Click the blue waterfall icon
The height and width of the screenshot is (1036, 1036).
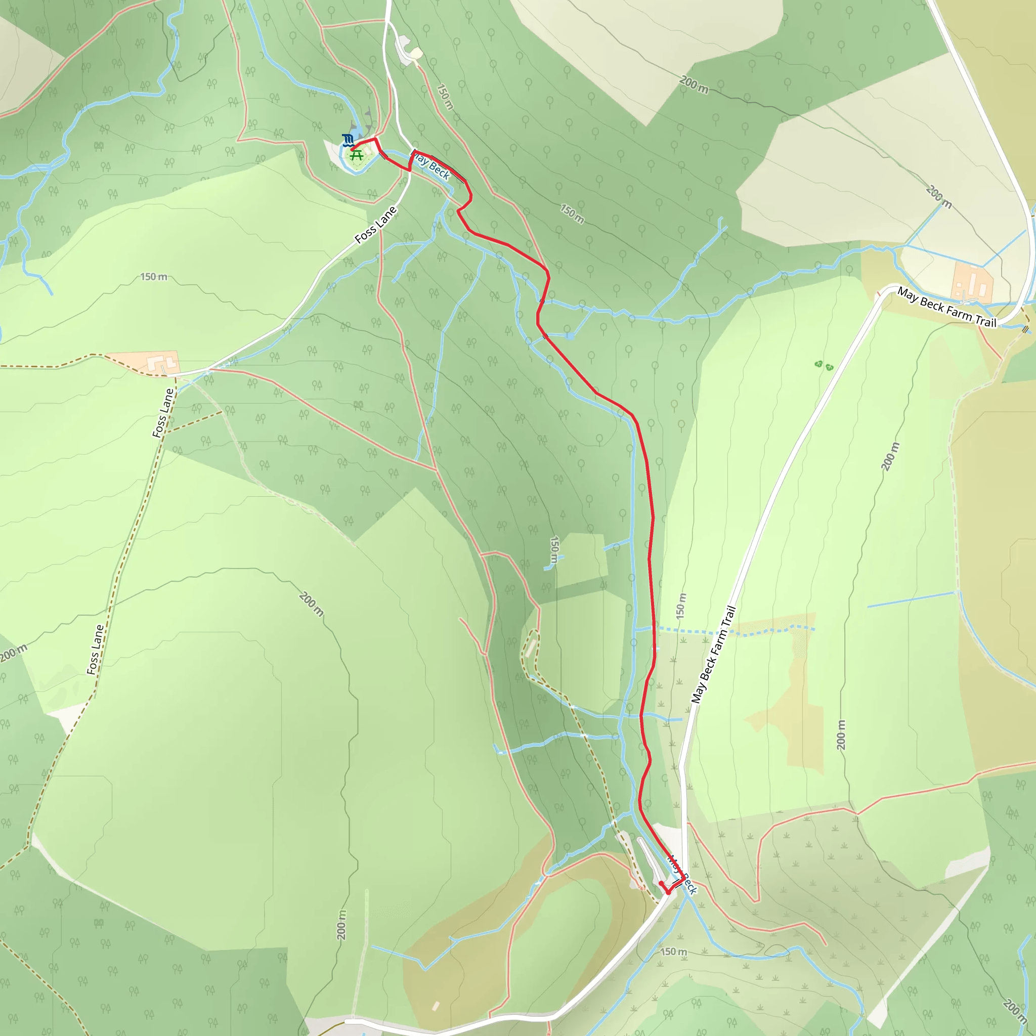(348, 141)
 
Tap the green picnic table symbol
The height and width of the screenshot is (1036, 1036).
(357, 155)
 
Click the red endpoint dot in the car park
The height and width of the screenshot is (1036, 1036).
(661, 883)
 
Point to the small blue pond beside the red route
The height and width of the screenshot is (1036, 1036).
(570, 336)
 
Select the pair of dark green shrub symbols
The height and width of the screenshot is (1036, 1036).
(824, 366)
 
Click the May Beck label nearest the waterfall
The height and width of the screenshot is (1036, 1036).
(431, 166)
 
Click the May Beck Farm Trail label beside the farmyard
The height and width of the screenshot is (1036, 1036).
(946, 307)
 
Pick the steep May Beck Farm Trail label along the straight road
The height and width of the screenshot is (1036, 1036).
(713, 654)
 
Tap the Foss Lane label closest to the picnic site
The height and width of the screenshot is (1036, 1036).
(376, 224)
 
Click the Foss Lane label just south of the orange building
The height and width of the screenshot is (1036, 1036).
(163, 413)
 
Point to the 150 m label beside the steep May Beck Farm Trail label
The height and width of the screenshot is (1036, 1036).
(680, 606)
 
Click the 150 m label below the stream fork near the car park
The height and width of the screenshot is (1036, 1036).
(673, 952)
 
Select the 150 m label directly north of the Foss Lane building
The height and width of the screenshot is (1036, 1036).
(153, 277)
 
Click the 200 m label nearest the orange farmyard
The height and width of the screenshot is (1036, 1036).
(938, 196)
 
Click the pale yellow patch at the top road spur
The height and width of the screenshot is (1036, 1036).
(416, 53)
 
